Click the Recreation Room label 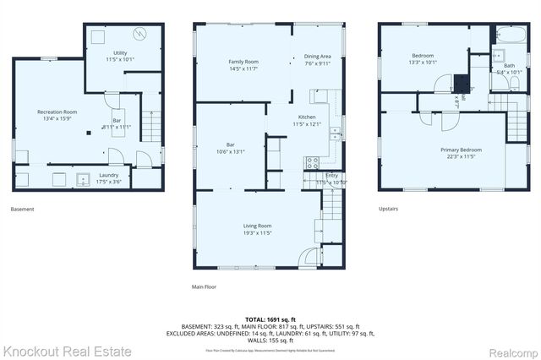pos(57,112)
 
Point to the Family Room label pos(243,63)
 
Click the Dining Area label pos(318,57)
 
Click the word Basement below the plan pos(23,209)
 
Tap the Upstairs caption pos(389,209)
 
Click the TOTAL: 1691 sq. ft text pos(270,319)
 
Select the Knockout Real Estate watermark pos(68,350)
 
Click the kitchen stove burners pos(312,160)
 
